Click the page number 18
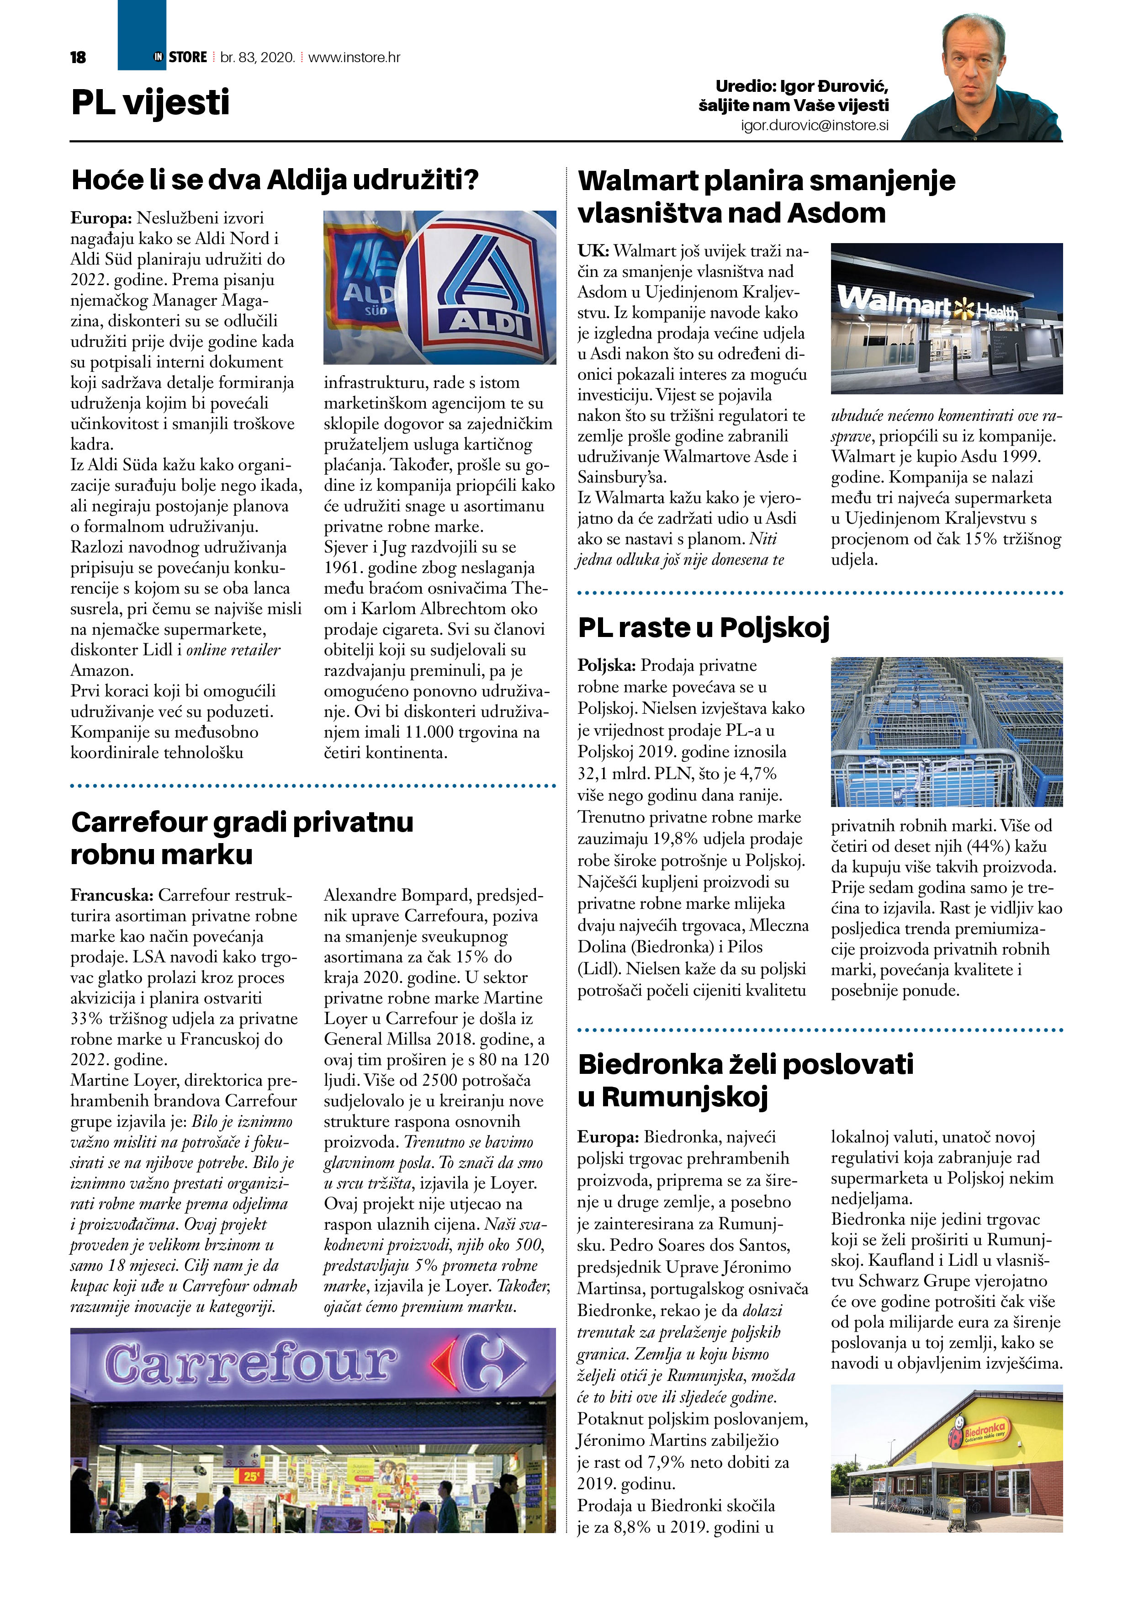click(78, 57)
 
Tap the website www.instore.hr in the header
click(354, 57)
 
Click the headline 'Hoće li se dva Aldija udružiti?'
click(275, 180)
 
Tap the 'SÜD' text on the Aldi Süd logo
click(376, 311)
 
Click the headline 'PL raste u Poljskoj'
click(703, 627)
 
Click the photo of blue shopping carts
click(946, 731)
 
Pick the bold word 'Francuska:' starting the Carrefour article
click(111, 895)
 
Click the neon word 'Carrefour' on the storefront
click(250, 1363)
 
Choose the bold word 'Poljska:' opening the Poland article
click(606, 665)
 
